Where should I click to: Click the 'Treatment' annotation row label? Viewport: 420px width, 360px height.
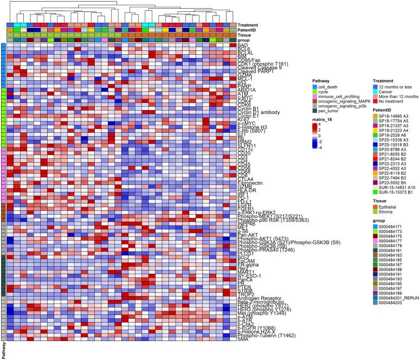click(x=250, y=25)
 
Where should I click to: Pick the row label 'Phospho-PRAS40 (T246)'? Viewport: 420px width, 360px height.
click(x=263, y=250)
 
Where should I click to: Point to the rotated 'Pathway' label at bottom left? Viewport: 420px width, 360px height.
click(x=4, y=350)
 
